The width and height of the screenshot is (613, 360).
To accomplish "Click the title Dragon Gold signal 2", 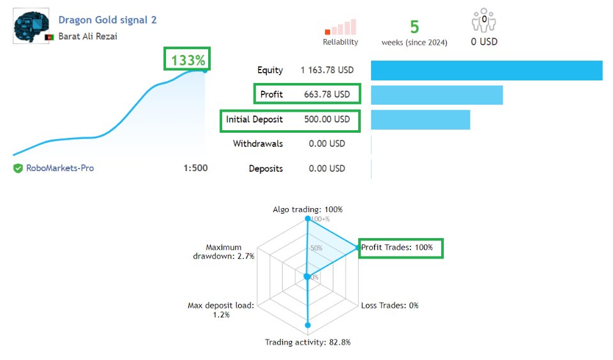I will point(107,20).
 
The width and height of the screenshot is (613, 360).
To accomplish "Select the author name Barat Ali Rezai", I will point(87,36).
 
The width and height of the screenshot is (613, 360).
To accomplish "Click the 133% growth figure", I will point(188,61).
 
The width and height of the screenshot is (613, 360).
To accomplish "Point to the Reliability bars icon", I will point(340,27).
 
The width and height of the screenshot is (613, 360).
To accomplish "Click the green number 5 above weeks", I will point(414,27).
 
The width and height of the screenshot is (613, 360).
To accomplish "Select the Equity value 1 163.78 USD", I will point(326,70).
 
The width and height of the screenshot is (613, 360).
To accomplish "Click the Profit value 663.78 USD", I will point(327,94).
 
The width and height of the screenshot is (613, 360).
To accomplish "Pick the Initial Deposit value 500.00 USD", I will point(326,119).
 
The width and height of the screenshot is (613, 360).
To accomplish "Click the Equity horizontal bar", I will point(487,70).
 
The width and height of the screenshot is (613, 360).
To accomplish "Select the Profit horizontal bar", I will point(437,94).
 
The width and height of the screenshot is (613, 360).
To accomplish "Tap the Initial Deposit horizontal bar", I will point(420,119).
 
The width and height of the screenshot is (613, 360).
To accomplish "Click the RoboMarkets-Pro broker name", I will point(59,169).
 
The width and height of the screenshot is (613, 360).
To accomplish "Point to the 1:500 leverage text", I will point(195,169).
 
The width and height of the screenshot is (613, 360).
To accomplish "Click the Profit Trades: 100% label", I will point(400,247).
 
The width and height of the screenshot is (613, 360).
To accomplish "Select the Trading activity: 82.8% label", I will point(308,342).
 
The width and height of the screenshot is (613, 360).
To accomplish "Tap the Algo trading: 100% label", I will point(308,209).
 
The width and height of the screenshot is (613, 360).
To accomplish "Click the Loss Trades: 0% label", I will point(390,305).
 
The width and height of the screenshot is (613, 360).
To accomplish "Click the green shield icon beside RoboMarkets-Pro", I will point(18,169).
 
